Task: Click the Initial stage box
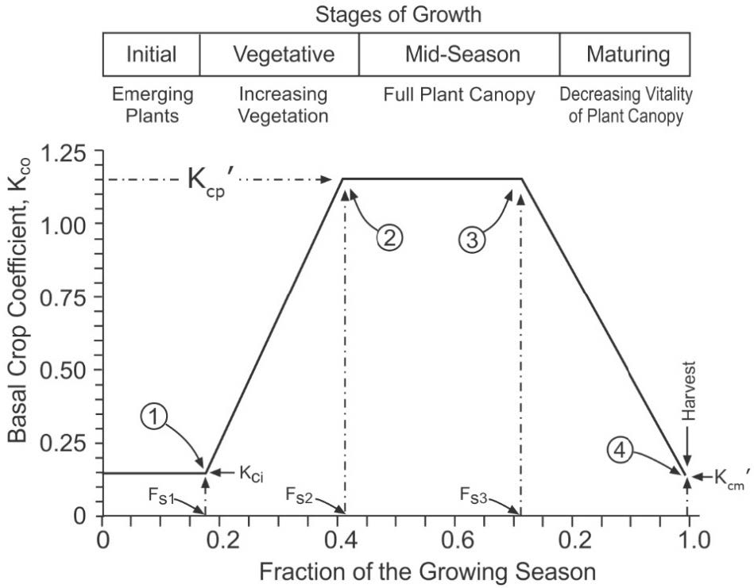(151, 55)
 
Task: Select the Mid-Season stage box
(459, 55)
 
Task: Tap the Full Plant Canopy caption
(459, 96)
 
